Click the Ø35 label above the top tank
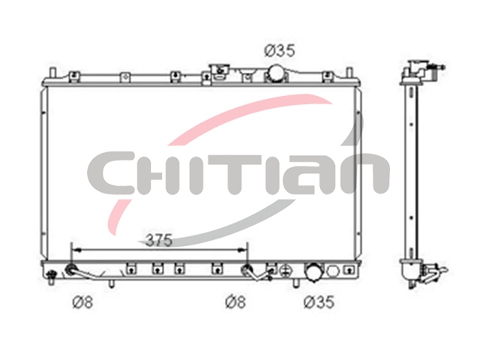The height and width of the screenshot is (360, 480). (280, 50)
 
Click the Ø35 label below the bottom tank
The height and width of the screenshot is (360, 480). (319, 302)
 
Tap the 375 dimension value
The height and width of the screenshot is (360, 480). (159, 240)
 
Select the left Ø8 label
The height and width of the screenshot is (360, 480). (82, 302)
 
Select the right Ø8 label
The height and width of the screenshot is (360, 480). (235, 302)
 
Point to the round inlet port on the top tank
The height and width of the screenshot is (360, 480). (276, 73)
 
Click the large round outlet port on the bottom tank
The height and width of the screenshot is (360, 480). (313, 271)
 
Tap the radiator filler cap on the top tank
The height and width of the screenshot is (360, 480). (219, 70)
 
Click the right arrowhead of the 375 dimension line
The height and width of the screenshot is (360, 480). (243, 250)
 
